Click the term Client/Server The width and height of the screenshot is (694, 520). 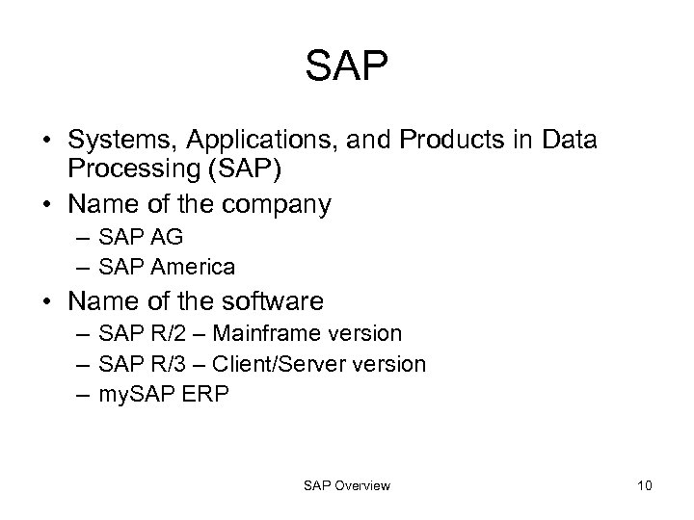[274, 364]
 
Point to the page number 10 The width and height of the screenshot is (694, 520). [644, 485]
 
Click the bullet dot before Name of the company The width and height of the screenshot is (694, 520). [46, 205]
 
